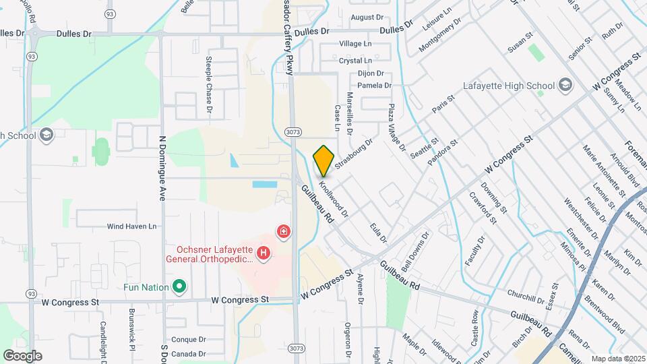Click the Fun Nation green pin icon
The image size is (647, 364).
click(x=179, y=287)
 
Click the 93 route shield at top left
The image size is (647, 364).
click(x=110, y=13)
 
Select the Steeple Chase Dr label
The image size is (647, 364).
click(x=209, y=85)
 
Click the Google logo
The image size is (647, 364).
click(x=22, y=355)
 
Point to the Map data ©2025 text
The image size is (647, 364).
click(x=618, y=359)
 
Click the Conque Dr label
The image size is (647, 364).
click(x=188, y=340)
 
